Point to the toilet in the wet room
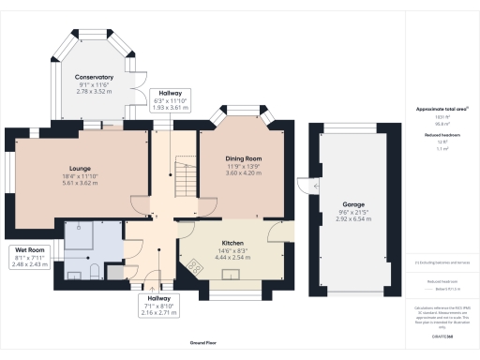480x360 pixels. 97,271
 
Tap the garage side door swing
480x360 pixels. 304,184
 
